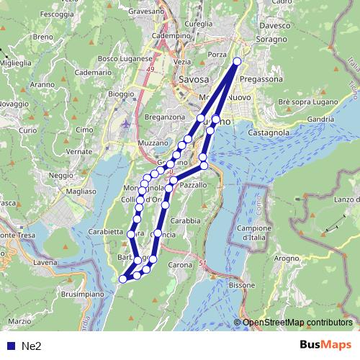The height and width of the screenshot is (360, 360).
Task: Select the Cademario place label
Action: click(93, 73)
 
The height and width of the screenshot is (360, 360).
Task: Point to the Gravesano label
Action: click(147, 12)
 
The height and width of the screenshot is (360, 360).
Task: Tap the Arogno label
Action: click(286, 257)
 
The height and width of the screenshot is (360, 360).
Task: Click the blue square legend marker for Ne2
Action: click(10, 346)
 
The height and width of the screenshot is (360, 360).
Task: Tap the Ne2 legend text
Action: click(31, 346)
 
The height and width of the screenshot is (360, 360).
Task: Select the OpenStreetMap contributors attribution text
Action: click(297, 322)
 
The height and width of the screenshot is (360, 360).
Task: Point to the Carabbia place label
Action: click(186, 221)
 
